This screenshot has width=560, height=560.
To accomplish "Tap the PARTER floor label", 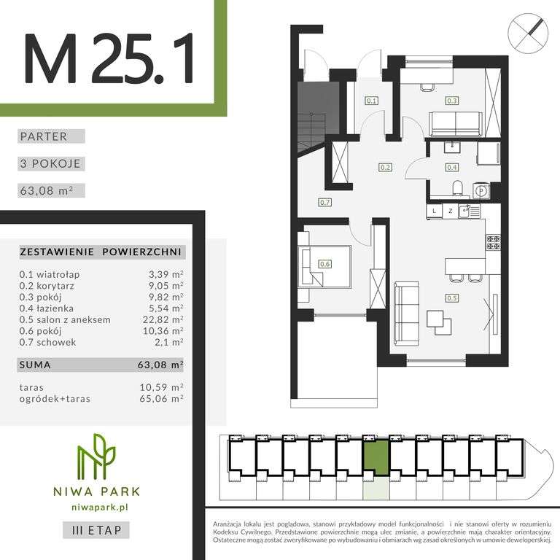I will point(44,136).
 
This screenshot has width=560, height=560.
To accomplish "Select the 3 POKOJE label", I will point(50,164).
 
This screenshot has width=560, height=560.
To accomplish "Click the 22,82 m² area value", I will point(166,319).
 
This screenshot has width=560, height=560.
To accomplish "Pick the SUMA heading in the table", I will point(36,363).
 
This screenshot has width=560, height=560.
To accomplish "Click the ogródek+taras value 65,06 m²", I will point(166,398).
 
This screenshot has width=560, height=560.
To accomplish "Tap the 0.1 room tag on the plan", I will point(371,101).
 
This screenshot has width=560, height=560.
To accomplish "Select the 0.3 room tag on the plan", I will point(452,101).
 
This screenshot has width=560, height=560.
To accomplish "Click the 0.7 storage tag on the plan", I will point(325,203).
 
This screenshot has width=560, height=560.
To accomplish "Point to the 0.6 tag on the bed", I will point(325,265).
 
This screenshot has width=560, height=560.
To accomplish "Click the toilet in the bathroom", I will point(457,190).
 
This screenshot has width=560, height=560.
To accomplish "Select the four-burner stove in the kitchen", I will point(493,241).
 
